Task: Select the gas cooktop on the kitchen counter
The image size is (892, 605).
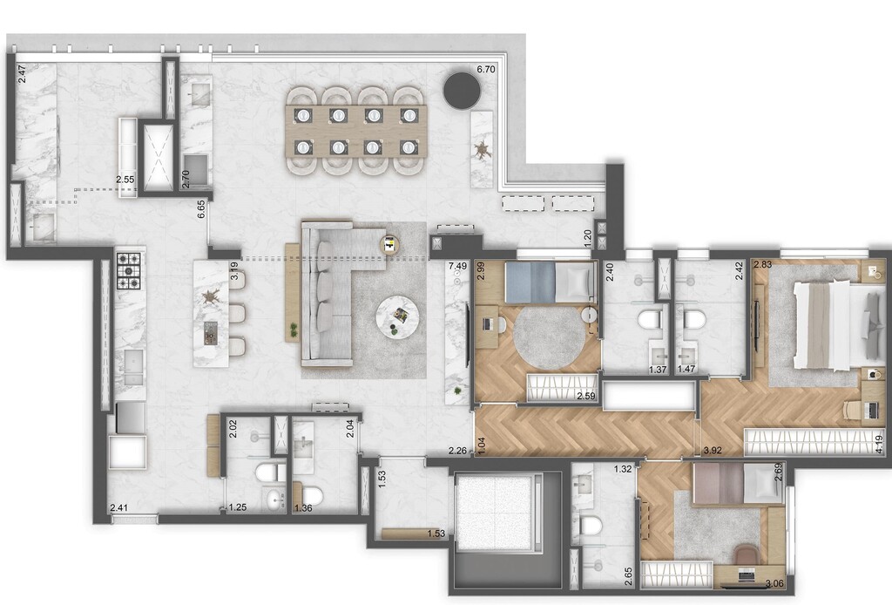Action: click(129, 269)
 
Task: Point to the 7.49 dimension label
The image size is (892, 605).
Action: click(457, 266)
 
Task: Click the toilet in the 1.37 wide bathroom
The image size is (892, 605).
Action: click(650, 320)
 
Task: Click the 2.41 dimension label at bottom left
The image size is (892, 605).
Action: click(118, 506)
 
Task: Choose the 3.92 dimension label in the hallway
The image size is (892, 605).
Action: click(713, 451)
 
